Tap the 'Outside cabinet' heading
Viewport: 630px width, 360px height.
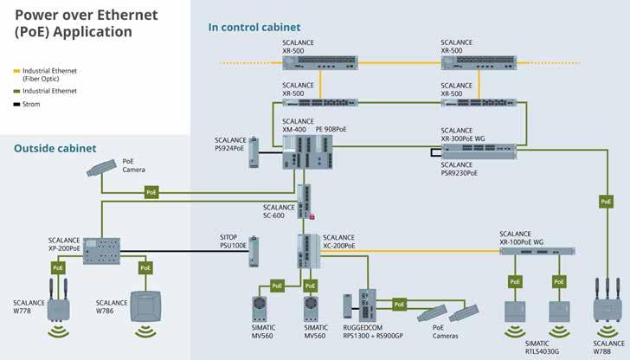55,148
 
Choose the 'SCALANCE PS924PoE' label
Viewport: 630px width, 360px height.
230,143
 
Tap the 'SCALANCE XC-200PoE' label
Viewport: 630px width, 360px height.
338,241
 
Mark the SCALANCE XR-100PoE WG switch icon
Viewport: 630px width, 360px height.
537,252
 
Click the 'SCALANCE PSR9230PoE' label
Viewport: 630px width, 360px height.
459,169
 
